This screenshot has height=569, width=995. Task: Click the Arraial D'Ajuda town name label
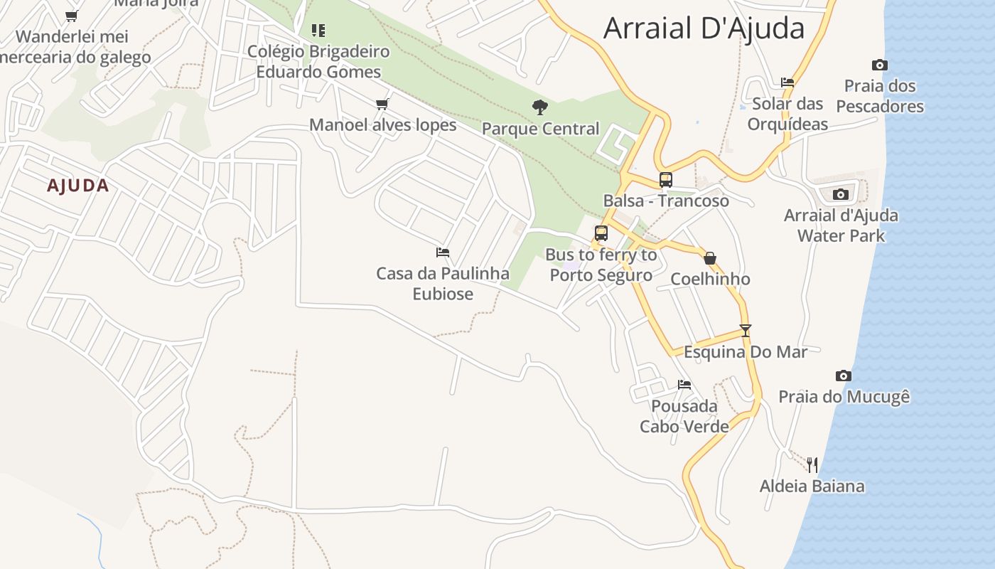pos(704,28)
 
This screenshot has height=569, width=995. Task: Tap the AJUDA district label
pos(78,186)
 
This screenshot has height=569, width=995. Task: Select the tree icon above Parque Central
pos(540,107)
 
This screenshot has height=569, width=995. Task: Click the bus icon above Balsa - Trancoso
pos(666,180)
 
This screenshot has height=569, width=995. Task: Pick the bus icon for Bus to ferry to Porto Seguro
pos(601,233)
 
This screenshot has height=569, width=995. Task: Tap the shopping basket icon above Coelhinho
pos(709,258)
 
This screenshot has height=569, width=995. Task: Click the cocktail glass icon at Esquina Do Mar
pos(746,331)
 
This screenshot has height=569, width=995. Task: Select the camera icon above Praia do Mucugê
pos(844,376)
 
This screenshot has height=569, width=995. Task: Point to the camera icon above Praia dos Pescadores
pos(880,65)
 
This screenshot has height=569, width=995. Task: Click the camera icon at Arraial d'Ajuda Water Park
pos(841,194)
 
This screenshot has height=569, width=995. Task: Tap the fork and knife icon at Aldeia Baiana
pos(812,465)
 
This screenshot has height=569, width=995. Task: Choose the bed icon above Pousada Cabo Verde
pos(684,385)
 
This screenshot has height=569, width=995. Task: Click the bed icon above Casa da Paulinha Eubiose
pos(443,252)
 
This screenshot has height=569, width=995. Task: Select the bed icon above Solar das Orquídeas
pos(787,83)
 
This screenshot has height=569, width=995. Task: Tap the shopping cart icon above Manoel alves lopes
pos(382,105)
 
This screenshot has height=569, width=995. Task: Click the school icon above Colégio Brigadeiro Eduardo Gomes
pos(318,31)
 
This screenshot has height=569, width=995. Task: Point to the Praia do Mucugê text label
pos(844,396)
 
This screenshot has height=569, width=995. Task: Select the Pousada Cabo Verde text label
pos(684,416)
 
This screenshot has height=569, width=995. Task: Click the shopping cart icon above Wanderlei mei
pos(71,16)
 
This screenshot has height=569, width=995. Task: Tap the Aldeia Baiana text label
pos(812,486)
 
